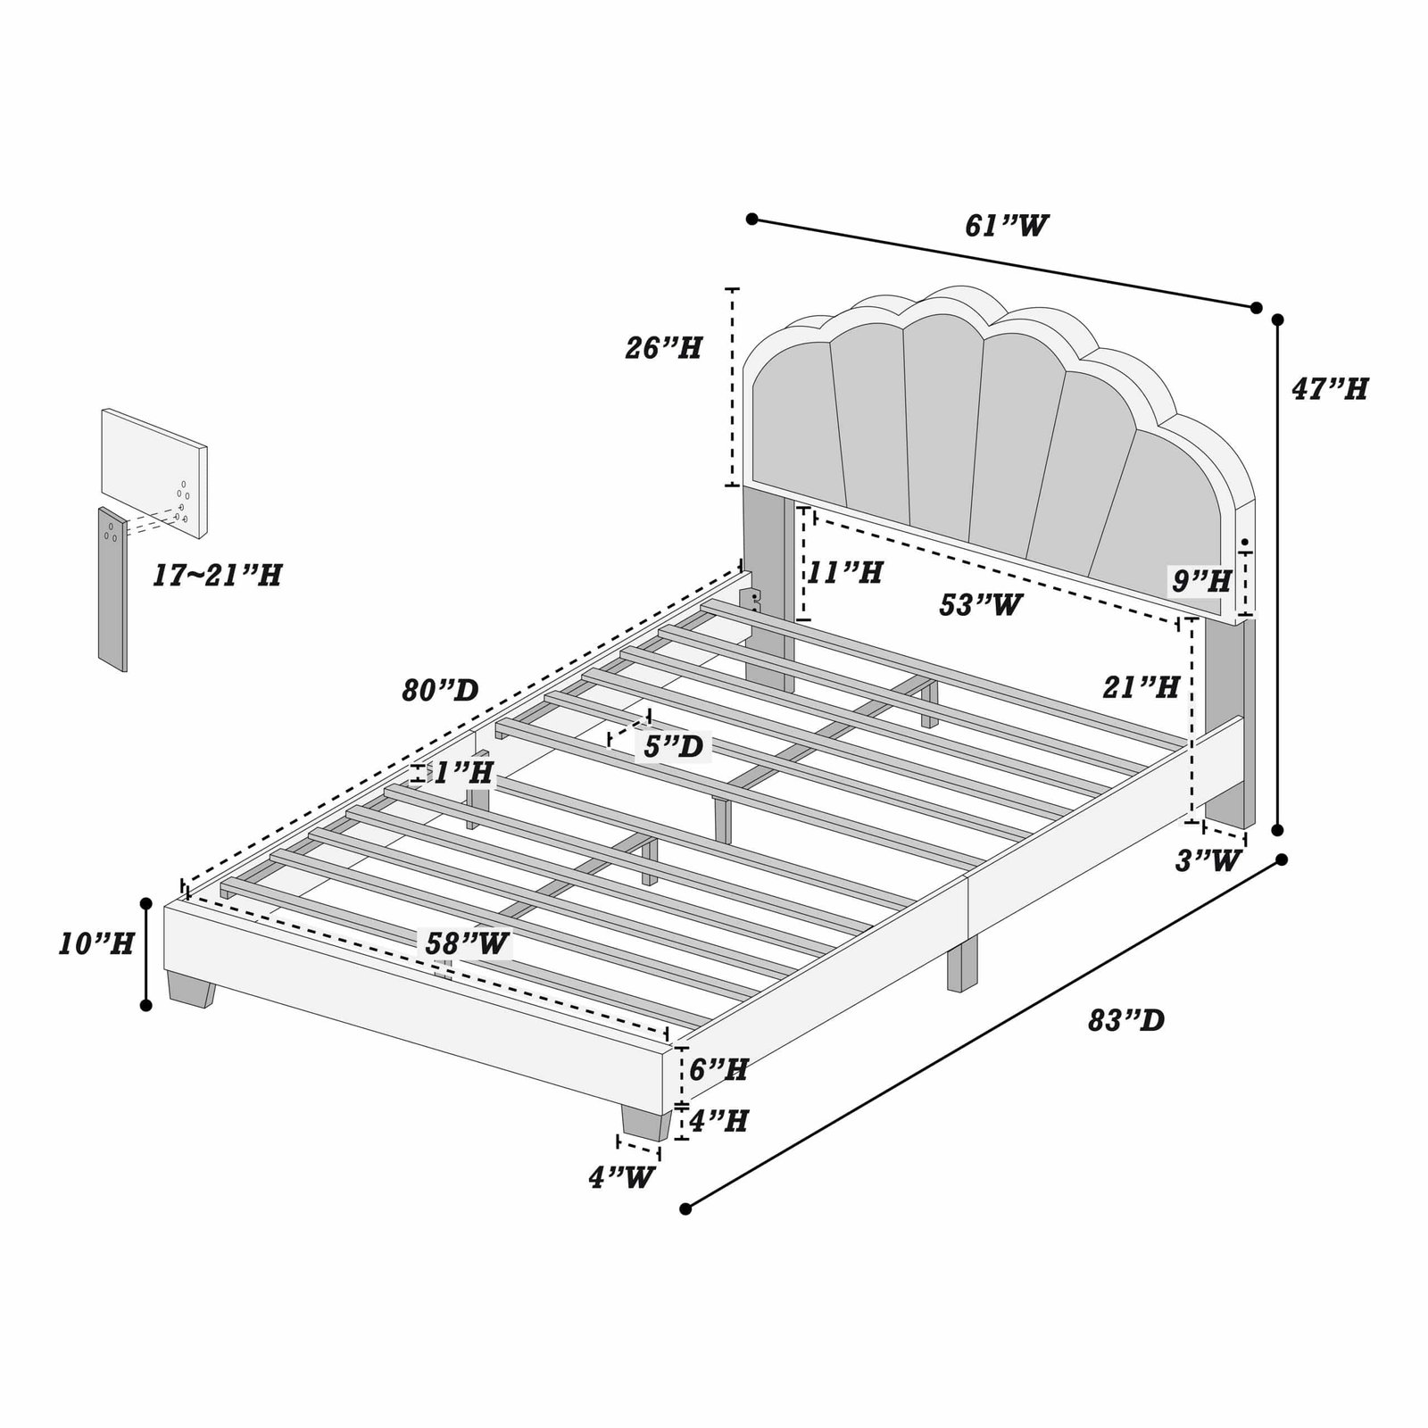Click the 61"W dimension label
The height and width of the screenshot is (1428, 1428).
point(1006,226)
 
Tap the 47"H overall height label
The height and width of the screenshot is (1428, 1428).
point(1329,389)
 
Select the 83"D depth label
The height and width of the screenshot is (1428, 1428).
point(1126,1020)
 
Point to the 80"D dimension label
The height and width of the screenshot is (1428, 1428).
point(440,690)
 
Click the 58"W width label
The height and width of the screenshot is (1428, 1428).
point(467,943)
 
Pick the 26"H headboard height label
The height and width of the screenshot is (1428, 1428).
point(663,348)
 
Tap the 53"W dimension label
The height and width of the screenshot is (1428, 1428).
point(980,605)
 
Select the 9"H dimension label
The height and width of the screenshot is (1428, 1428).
point(1201,582)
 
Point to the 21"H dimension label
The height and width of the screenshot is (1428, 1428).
point(1142,686)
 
